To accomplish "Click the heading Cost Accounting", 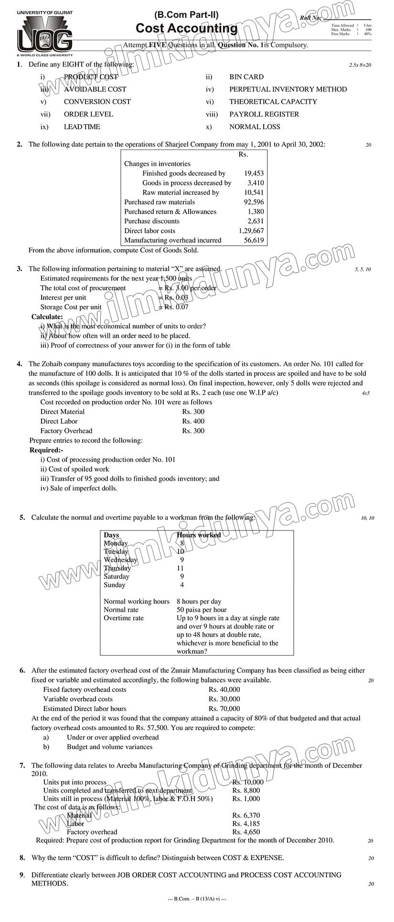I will point(186,29).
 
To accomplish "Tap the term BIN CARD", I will point(246,77).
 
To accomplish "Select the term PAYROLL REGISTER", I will point(264,114).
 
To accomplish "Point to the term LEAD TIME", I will point(82,127).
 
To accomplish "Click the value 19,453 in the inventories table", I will point(254,174).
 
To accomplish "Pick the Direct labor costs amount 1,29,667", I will point(251,231).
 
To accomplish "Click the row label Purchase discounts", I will point(152,221).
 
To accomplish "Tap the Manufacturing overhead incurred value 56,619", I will point(254,240).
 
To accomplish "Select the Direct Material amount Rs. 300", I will point(193,412).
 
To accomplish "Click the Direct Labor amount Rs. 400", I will point(193,421).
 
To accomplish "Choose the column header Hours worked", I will point(199,535).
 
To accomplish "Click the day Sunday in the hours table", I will point(115,585).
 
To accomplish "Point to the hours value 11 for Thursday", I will point(180,568).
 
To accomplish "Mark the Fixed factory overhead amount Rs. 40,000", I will point(224,690).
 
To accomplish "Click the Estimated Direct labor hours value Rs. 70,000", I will point(224,709).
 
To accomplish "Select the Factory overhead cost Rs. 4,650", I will point(246,832).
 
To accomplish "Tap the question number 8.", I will point(22,857).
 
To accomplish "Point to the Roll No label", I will point(311,18).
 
